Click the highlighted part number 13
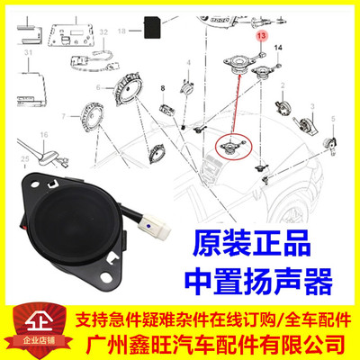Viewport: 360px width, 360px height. click(x=260, y=35)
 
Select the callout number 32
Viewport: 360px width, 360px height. click(x=103, y=32)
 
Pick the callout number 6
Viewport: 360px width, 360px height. click(x=112, y=85)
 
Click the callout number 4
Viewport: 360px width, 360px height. click(x=188, y=61)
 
